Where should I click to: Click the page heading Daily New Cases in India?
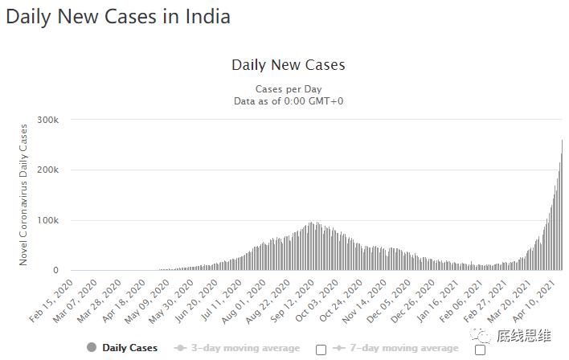tap(118, 16)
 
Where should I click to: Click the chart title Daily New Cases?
tap(288, 64)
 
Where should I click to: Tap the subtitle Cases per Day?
tap(288, 88)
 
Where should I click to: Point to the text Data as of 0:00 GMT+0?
tap(288, 100)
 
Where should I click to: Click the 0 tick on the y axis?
tap(56, 271)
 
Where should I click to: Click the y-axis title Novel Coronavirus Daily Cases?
tap(23, 194)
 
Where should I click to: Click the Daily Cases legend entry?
tap(129, 348)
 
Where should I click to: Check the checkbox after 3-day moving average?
tap(321, 349)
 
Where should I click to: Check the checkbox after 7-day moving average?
tap(480, 349)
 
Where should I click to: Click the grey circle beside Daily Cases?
tap(92, 348)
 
